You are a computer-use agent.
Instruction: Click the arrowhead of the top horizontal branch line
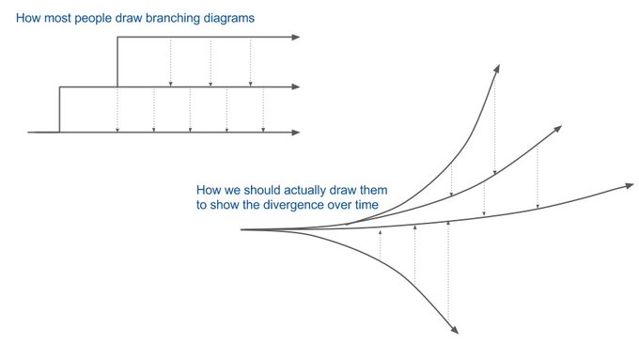(296, 38)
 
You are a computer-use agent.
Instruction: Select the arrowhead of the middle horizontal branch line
(296, 87)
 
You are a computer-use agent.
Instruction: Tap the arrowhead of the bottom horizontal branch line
(296, 133)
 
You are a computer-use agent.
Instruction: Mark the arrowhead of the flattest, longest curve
(629, 186)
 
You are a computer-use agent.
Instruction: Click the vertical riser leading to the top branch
(117, 62)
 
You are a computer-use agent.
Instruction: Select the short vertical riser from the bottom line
(59, 110)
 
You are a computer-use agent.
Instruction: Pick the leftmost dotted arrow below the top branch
(170, 62)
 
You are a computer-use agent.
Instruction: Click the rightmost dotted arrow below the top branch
(250, 62)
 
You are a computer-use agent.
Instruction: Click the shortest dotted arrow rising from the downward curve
(380, 244)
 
